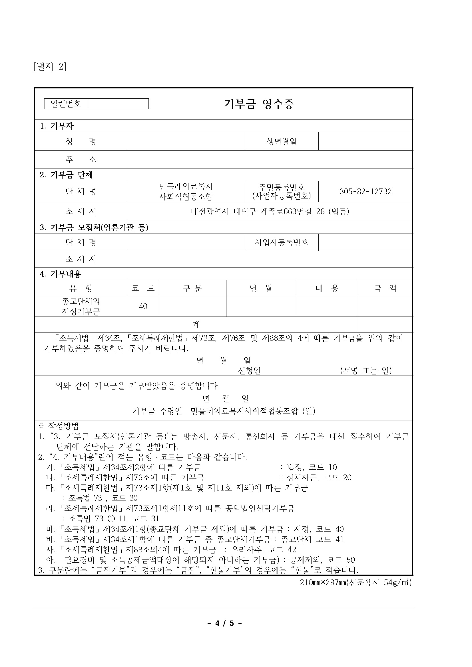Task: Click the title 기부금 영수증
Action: [259, 104]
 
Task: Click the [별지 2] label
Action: [50, 67]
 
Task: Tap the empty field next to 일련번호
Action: [118, 104]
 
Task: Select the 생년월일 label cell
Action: [281, 141]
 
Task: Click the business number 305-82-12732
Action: [365, 191]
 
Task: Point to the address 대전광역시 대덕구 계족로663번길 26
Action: [270, 212]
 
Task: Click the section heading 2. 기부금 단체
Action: [66, 175]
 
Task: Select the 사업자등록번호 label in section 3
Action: [281, 242]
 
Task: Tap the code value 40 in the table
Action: [143, 307]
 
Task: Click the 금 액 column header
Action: [385, 288]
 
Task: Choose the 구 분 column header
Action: [192, 288]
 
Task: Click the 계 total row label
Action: [196, 325]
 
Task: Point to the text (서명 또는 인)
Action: [365, 371]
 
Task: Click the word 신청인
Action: [249, 371]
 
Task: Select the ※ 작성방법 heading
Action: [59, 426]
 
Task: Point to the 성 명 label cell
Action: [81, 141]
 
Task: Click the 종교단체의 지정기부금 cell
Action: [81, 307]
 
